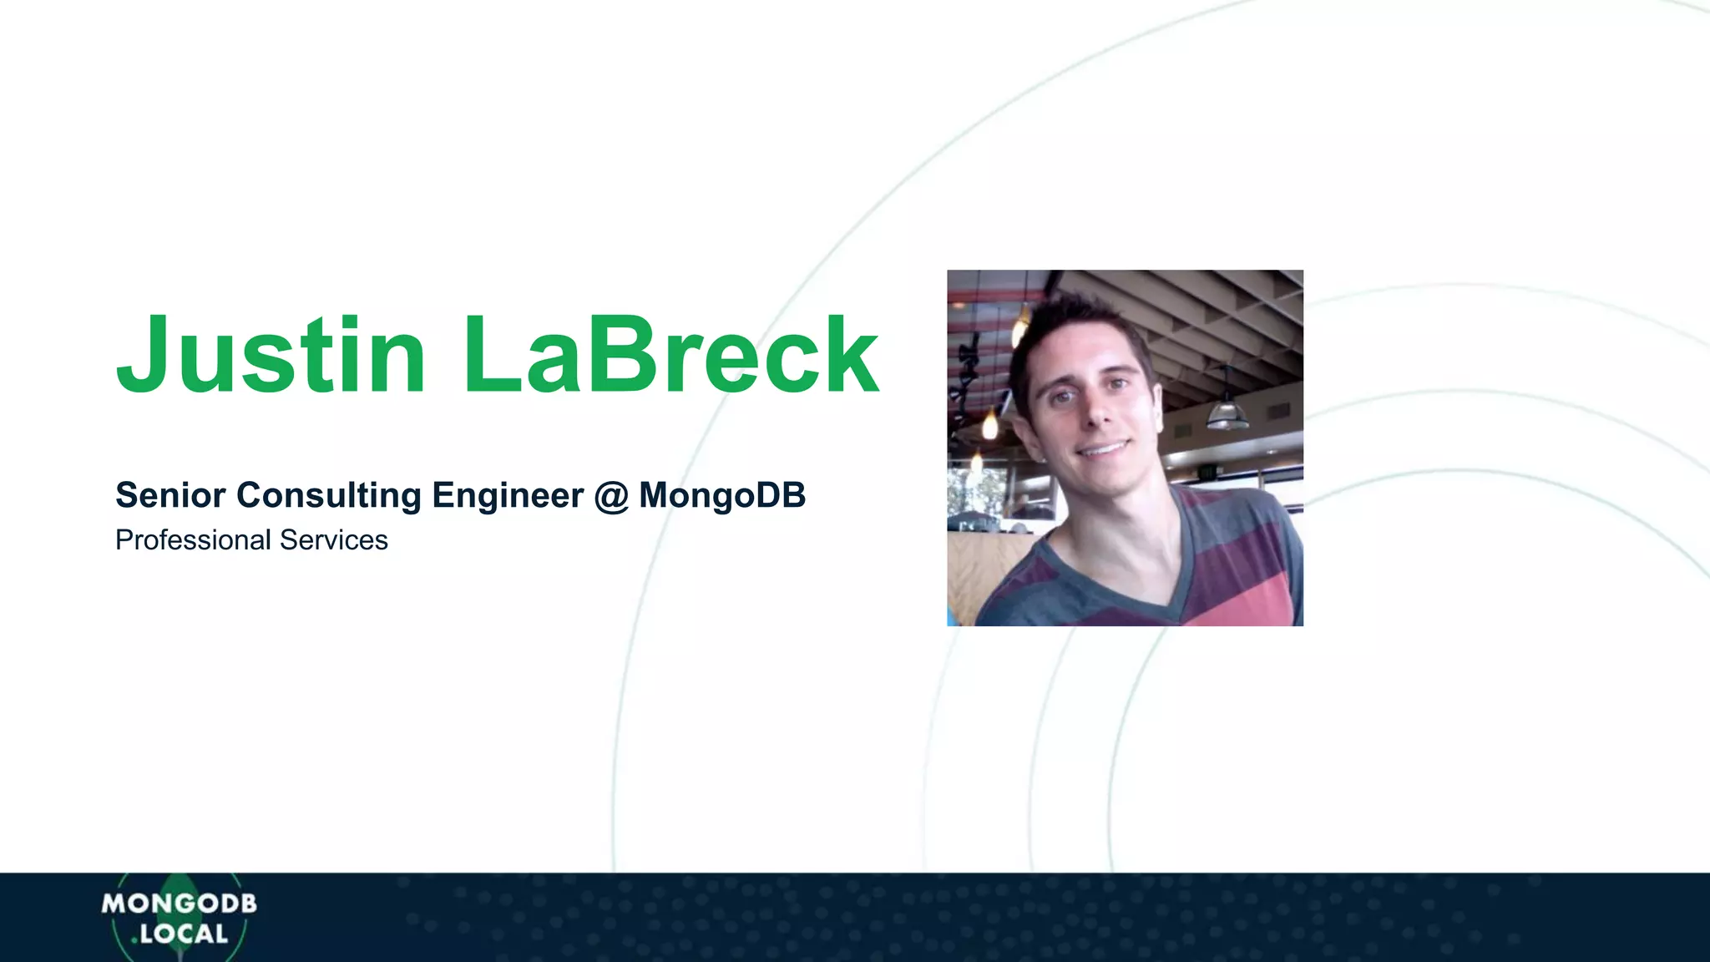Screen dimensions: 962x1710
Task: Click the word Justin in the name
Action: point(271,354)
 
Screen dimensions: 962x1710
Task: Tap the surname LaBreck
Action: point(670,354)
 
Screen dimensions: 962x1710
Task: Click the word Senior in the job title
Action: point(170,495)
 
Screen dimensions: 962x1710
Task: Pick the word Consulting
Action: point(329,495)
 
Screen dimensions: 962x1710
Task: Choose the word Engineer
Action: point(508,495)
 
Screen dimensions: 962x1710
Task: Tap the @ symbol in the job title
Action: point(611,496)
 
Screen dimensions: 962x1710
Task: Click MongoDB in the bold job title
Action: point(722,495)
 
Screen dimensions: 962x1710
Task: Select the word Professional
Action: point(193,540)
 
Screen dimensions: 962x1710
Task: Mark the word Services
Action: point(334,540)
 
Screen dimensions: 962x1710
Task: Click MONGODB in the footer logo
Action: point(179,904)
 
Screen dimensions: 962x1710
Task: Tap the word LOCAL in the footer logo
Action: point(184,934)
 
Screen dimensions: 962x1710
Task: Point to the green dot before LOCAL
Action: point(134,941)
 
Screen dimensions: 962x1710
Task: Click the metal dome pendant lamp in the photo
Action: point(1227,413)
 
